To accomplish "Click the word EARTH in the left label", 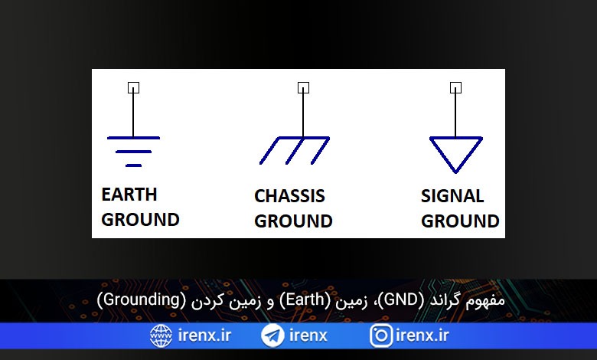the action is tap(129, 195).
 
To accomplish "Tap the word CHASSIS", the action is tap(289, 196).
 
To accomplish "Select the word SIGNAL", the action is tap(452, 196).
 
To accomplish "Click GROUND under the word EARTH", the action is tap(140, 219).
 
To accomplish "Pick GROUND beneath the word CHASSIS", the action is tap(293, 221).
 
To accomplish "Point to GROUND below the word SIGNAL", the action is tap(460, 221).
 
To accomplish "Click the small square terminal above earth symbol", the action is tap(133, 87).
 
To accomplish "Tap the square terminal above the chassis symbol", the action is tap(303, 87).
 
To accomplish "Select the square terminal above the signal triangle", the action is tap(455, 87).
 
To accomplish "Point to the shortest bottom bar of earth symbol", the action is tap(133, 165).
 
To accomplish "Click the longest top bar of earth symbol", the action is tap(133, 138).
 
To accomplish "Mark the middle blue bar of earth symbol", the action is tap(133, 152).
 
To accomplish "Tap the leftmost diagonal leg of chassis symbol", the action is tap(269, 151).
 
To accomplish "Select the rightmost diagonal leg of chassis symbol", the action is tap(320, 151).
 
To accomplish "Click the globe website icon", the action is tap(161, 335).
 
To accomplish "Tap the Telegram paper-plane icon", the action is tap(272, 335).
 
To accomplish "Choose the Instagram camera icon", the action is tap(380, 335).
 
